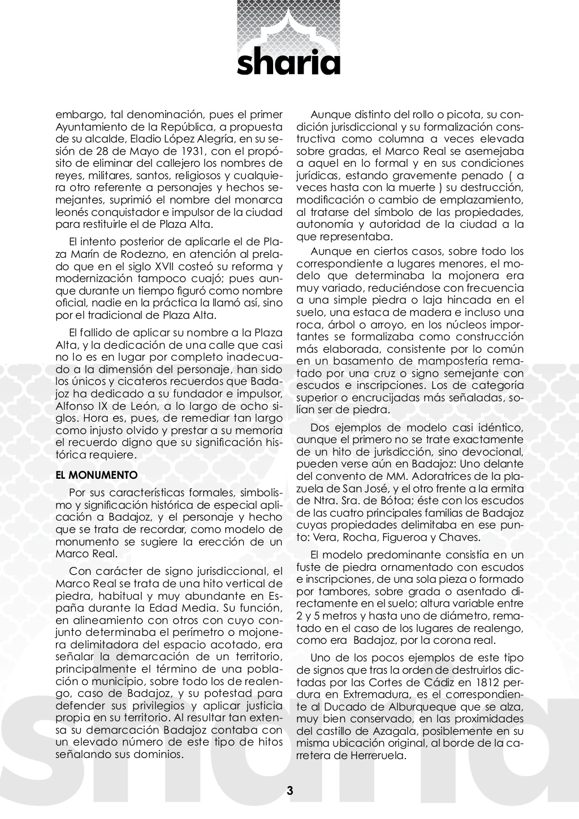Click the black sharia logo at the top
[x=289, y=63]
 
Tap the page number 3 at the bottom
[x=289, y=790]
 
